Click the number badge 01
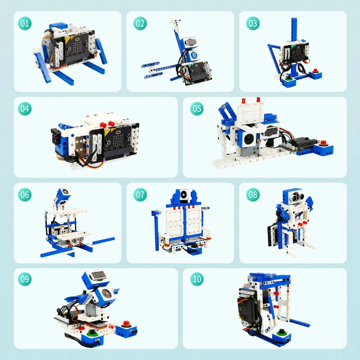(x=25, y=23)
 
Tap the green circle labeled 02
(x=140, y=23)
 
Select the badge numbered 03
(x=253, y=23)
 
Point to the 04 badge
(x=25, y=109)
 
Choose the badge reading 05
(x=197, y=109)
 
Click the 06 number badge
(x=25, y=195)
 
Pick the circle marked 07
(x=140, y=195)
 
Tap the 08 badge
(x=253, y=195)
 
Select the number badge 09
(x=25, y=279)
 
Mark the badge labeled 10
(x=197, y=279)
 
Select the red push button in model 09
(x=126, y=323)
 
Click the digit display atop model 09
(x=98, y=275)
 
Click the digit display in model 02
(x=191, y=42)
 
